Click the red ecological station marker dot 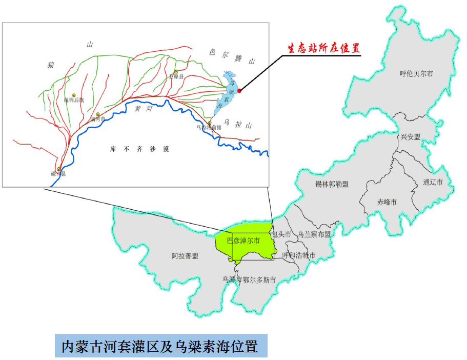coord(239,91)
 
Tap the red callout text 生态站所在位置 coord(322,48)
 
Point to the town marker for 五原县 coord(176,72)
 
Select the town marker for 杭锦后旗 coord(74,95)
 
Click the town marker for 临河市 coord(98,114)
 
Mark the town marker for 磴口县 coord(59,169)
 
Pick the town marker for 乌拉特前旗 coord(210,123)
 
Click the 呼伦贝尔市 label coord(416,74)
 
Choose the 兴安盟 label coord(411,137)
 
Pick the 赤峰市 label coord(387,202)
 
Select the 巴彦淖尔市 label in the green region coord(243,239)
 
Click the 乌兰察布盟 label coord(314,234)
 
